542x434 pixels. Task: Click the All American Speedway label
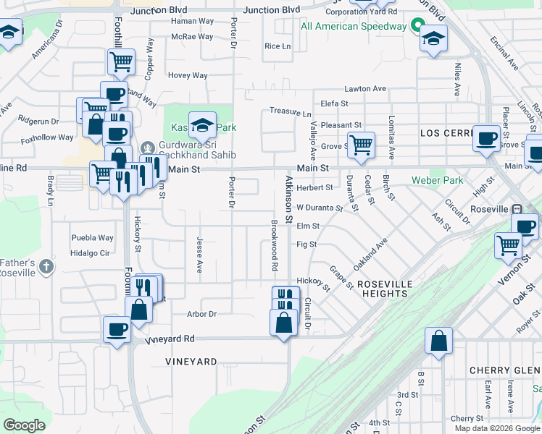pyautogui.click(x=354, y=27)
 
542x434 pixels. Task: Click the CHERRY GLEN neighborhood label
pyautogui.click(x=504, y=370)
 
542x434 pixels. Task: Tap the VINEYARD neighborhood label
pyautogui.click(x=191, y=361)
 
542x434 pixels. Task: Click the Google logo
pyautogui.click(x=24, y=425)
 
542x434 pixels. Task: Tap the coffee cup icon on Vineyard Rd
pyautogui.click(x=117, y=329)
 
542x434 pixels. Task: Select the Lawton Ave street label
pyautogui.click(x=365, y=88)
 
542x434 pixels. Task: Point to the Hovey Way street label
pyautogui.click(x=188, y=75)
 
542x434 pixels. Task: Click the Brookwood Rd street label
pyautogui.click(x=275, y=245)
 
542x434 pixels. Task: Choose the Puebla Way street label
pyautogui.click(x=92, y=237)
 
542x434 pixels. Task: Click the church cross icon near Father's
pyautogui.click(x=46, y=266)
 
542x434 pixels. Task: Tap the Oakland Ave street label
pyautogui.click(x=371, y=251)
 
